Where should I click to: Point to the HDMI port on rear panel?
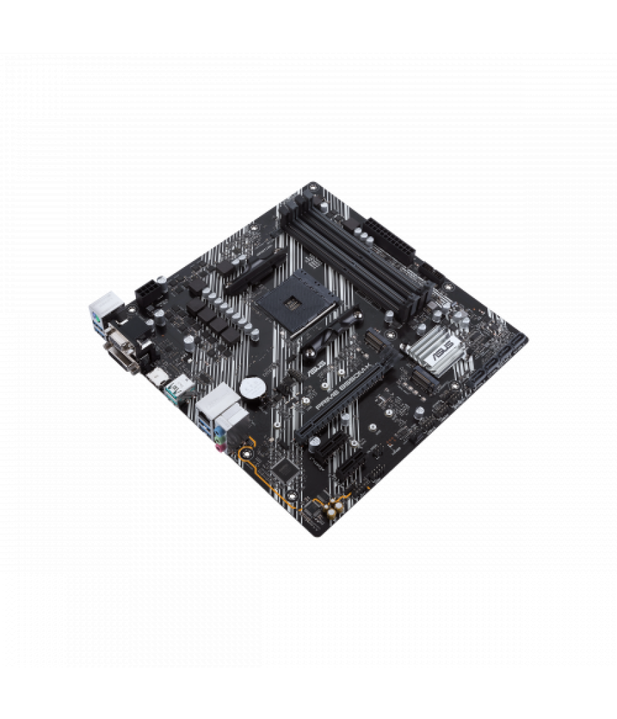pyautogui.click(x=158, y=376)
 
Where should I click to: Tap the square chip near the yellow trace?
pyautogui.click(x=284, y=468)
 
